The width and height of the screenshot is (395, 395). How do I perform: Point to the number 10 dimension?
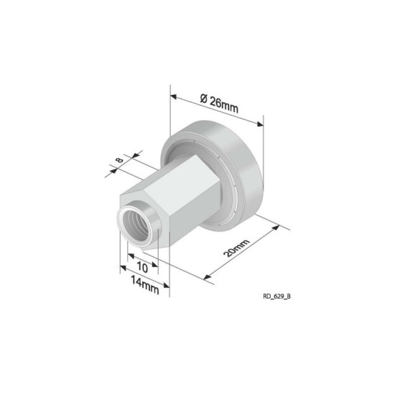pos(142,267)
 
